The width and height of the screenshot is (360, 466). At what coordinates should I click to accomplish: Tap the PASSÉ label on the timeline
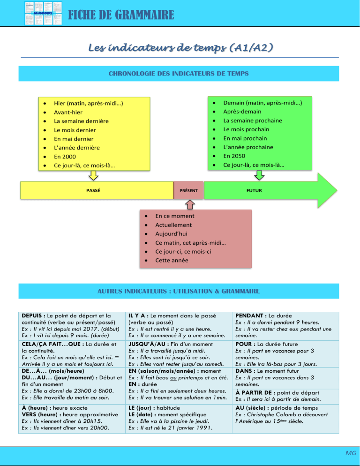pos(94,191)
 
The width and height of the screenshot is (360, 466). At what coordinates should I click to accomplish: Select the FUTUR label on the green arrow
pos(254,191)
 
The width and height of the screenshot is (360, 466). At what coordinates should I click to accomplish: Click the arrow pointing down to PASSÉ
pos(94,175)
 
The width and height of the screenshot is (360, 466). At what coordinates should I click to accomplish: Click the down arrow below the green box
pos(259,175)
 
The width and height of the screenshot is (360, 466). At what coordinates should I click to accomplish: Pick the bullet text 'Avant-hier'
pos(68,112)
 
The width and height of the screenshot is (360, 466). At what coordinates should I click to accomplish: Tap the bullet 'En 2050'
pos(233,156)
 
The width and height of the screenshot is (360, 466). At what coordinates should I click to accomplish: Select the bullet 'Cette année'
pos(172,260)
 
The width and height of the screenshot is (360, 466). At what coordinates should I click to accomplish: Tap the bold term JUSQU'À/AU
pos(145,344)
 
